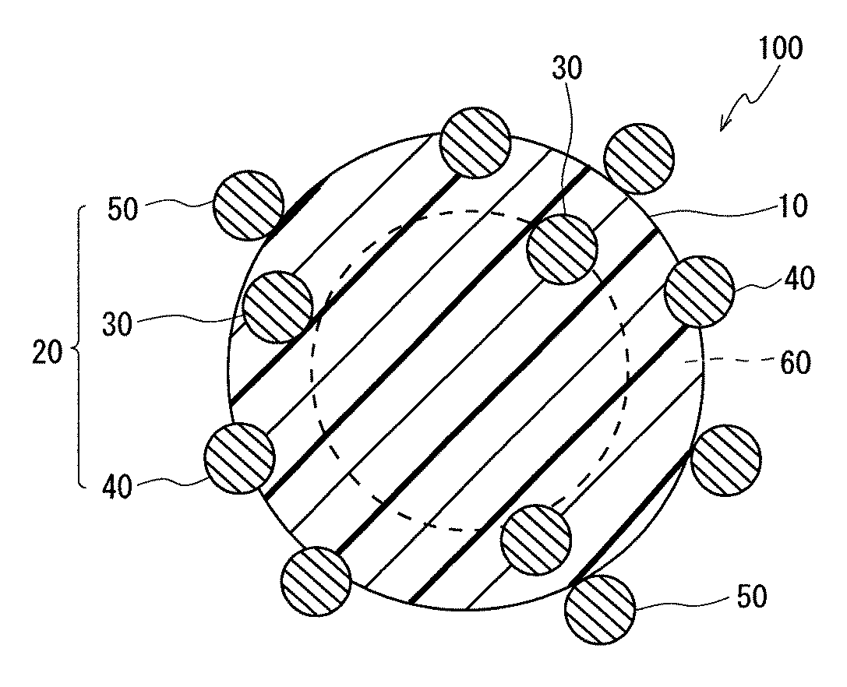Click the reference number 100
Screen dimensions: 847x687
(x=778, y=49)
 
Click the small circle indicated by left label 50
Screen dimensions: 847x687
(x=249, y=205)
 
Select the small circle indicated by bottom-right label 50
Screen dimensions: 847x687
(x=599, y=608)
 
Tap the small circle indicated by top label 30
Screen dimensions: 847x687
(x=562, y=248)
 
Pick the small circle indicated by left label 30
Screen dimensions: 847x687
(x=278, y=307)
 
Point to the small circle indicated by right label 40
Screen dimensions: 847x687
(x=700, y=291)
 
